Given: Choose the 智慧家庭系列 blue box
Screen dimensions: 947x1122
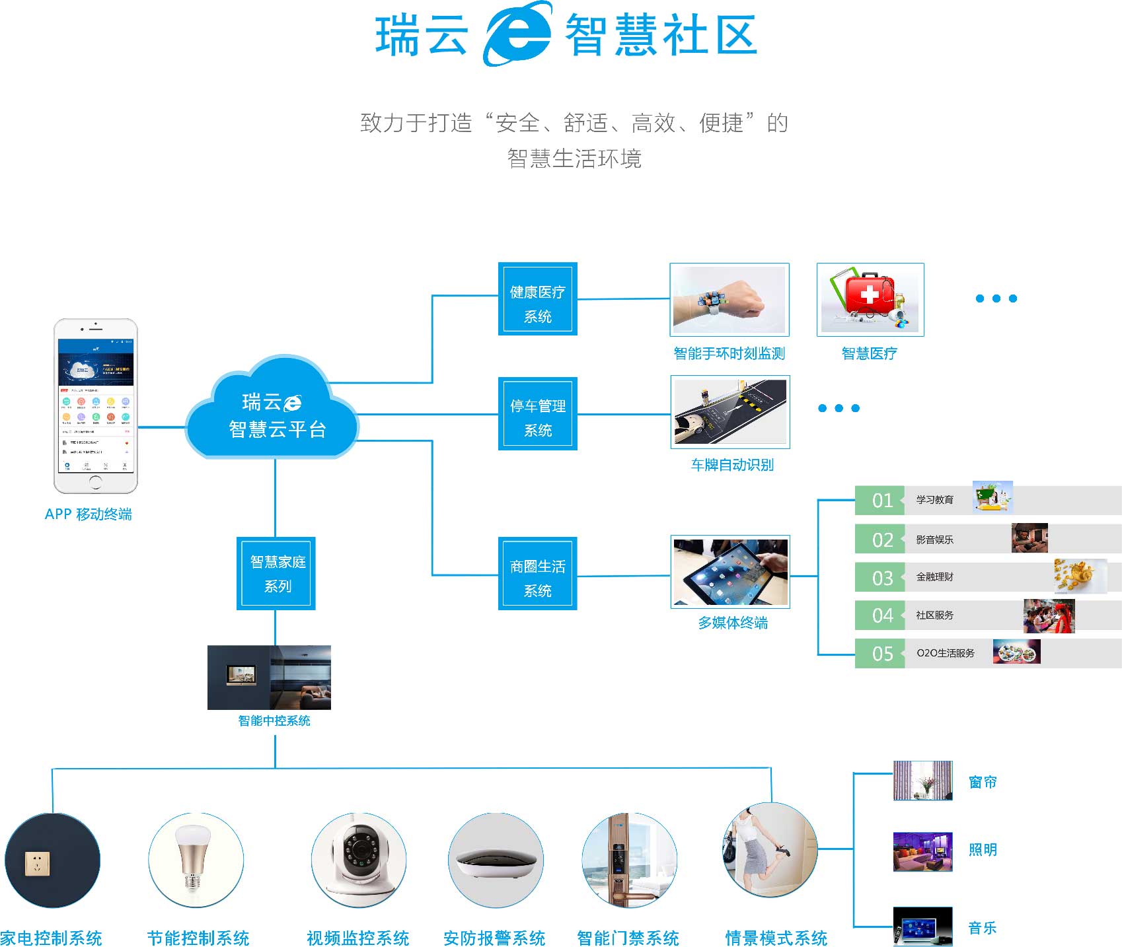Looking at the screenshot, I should tap(276, 573).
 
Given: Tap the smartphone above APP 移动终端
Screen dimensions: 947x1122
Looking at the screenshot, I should tap(96, 405).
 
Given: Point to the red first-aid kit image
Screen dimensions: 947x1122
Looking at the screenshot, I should tap(870, 299).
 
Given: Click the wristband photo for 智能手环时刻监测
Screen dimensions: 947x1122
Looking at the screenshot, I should tap(729, 299).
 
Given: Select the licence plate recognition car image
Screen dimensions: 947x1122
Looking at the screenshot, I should tap(729, 412).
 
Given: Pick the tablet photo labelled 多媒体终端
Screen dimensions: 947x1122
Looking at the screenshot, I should tap(729, 571).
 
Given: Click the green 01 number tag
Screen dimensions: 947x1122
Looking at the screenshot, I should tap(880, 501).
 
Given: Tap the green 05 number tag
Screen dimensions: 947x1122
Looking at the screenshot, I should tap(880, 654).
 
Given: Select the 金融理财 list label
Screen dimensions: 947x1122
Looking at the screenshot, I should tap(934, 577).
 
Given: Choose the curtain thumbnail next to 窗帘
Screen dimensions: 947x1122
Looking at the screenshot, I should tap(922, 781).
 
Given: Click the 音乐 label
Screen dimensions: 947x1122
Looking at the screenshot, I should tap(982, 928).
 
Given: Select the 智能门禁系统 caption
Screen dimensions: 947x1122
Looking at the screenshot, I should tap(627, 938).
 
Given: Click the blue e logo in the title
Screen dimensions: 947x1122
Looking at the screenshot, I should tap(517, 33).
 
